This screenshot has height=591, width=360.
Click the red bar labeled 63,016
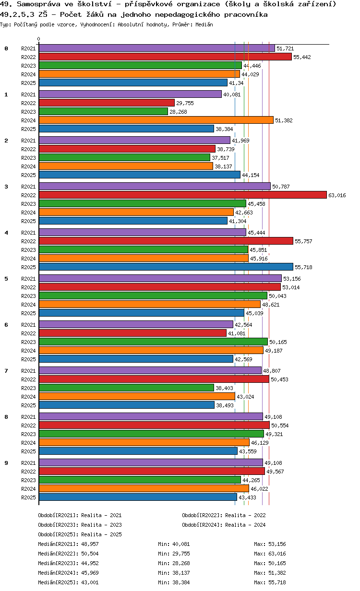click(182, 195)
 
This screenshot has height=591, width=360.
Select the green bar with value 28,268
click(103, 112)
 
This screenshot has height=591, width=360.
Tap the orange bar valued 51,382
click(156, 120)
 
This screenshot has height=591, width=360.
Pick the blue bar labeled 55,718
click(166, 267)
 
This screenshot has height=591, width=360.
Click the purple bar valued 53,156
click(160, 279)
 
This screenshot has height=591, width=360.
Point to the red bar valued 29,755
click(107, 103)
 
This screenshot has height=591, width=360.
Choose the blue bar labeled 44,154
click(139, 175)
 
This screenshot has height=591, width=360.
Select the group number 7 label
click(6, 371)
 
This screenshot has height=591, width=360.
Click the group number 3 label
click(6, 187)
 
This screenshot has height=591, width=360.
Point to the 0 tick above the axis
click(39, 39)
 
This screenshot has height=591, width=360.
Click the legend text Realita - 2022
click(245, 515)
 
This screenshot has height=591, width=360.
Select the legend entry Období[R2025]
click(58, 534)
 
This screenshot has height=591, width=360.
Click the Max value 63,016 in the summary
click(277, 554)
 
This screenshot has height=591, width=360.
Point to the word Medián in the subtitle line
click(204, 24)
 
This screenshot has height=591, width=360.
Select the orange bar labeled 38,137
click(126, 166)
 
